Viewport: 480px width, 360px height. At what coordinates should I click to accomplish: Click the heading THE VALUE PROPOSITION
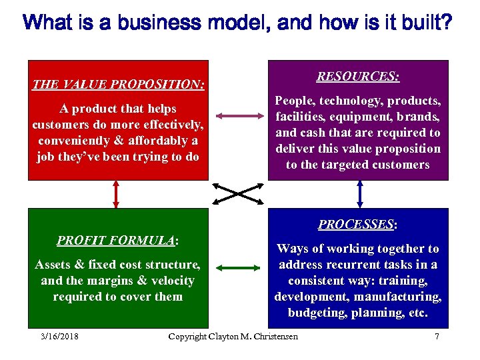tap(118, 85)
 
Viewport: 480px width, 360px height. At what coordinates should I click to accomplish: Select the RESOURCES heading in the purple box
tap(358, 77)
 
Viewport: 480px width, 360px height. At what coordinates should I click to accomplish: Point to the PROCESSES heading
tap(358, 225)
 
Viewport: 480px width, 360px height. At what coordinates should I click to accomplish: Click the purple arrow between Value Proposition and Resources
tap(238, 116)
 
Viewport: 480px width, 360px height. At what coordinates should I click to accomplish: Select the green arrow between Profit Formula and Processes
tap(238, 269)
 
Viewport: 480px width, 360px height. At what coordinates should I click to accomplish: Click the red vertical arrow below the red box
tap(117, 194)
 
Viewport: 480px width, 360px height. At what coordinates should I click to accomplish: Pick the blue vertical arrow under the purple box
tap(359, 194)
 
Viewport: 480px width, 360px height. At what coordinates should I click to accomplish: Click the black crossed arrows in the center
tap(238, 194)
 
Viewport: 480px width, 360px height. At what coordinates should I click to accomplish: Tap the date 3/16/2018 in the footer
tap(59, 336)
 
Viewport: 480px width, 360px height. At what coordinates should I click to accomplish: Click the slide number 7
tap(437, 336)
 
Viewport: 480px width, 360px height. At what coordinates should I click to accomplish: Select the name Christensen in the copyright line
tap(274, 336)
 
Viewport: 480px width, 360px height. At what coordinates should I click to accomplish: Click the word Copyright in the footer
tap(189, 336)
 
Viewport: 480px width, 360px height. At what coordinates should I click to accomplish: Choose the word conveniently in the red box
tap(74, 141)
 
